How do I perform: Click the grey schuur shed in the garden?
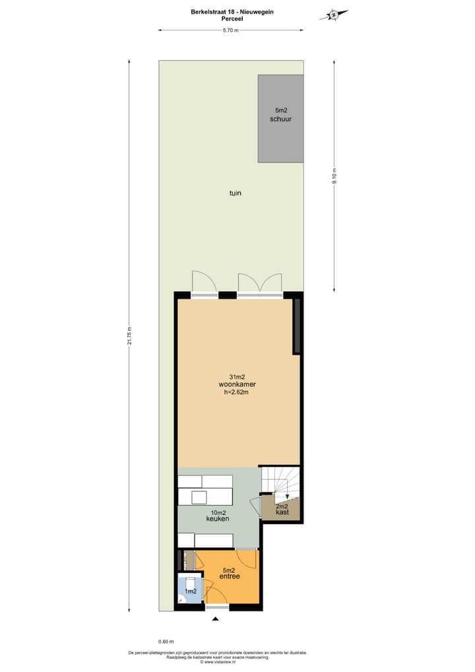click(280, 119)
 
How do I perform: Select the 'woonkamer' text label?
click(237, 384)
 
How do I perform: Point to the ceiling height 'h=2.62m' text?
click(237, 392)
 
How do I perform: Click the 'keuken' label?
click(218, 520)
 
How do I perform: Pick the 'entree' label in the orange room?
click(230, 577)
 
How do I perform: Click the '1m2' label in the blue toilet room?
click(191, 591)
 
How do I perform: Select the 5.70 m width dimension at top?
click(230, 30)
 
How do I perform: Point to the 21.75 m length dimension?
click(130, 335)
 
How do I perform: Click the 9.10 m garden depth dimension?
click(334, 176)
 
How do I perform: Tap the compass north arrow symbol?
click(334, 15)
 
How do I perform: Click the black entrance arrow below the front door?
click(215, 619)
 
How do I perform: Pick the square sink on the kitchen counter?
click(199, 497)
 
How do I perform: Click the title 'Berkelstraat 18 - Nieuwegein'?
click(232, 12)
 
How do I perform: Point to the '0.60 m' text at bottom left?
click(166, 641)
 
